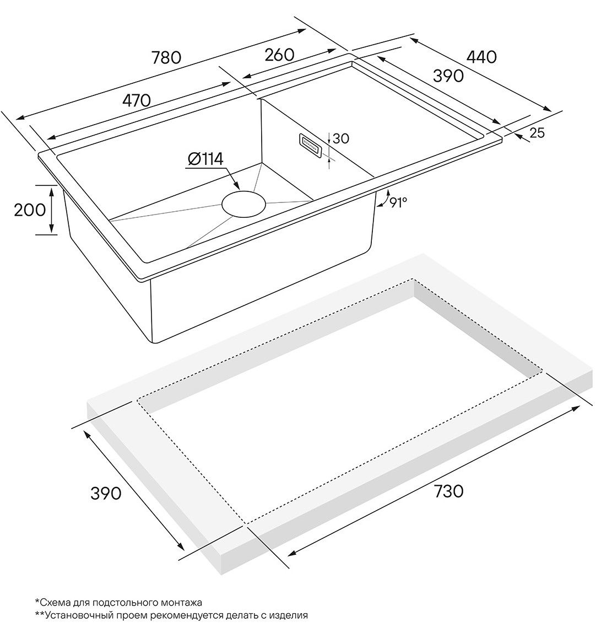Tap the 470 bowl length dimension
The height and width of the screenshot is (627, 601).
[137, 100]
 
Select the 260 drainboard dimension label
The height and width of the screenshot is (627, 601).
[279, 55]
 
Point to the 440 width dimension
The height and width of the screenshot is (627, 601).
[481, 57]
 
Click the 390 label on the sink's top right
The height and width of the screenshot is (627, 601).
[448, 76]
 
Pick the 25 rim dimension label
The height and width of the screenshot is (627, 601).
[537, 133]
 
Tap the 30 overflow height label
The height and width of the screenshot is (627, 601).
[340, 138]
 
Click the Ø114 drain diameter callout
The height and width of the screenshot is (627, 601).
[205, 159]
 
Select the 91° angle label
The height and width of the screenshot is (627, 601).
[398, 203]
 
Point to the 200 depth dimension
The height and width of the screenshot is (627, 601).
[30, 210]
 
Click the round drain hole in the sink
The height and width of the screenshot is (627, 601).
[243, 204]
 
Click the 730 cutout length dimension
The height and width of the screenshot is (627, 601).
[448, 491]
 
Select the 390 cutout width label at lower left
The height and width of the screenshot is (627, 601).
[106, 494]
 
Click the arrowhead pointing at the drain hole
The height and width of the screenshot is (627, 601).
[236, 185]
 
